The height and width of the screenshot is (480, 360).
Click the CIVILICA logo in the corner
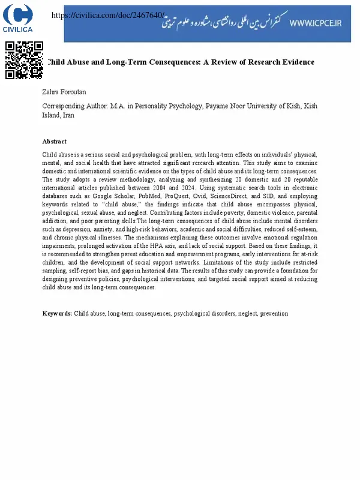click(18, 18)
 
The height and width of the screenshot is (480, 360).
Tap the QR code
click(24, 60)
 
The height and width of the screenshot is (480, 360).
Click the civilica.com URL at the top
click(109, 15)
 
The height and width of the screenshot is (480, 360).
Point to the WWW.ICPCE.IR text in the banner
click(315, 23)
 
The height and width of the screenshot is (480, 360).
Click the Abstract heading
click(54, 142)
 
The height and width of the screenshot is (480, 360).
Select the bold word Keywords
click(57, 313)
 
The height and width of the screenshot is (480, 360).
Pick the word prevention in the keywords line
click(274, 313)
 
